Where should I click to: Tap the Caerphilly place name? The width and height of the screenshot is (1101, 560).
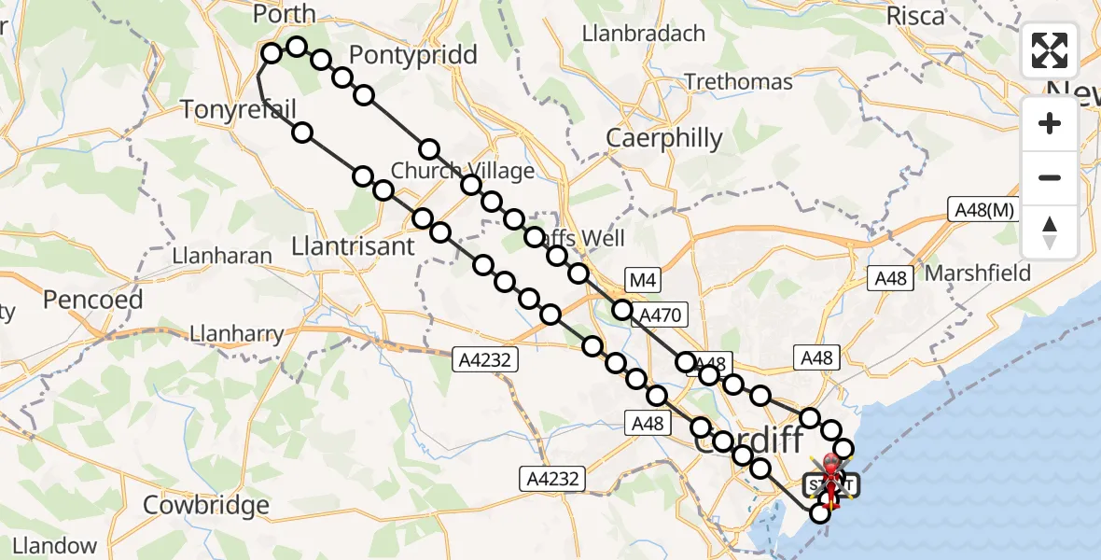(x=664, y=138)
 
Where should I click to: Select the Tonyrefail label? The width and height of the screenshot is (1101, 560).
(x=238, y=109)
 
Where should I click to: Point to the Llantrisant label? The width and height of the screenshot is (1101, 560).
(x=353, y=246)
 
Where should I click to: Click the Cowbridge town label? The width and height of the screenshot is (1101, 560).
(x=206, y=505)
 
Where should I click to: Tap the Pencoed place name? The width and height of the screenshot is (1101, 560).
(x=93, y=300)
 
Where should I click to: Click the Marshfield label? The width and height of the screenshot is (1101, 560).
(x=978, y=273)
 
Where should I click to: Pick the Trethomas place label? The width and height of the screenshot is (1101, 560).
(x=738, y=82)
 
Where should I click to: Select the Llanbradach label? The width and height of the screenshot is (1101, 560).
(x=643, y=34)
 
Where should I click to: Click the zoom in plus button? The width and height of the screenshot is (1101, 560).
(x=1050, y=124)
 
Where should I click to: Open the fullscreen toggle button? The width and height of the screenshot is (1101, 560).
(x=1050, y=51)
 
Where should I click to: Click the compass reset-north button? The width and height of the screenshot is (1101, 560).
(x=1050, y=232)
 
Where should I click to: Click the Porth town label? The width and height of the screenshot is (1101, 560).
(x=285, y=15)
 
